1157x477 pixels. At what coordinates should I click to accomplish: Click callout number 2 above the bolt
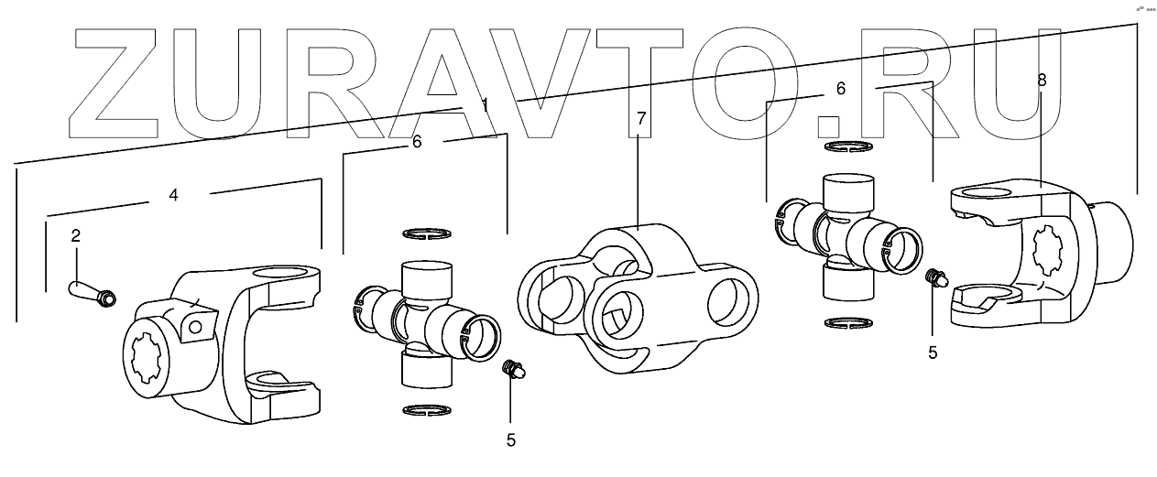tap(76, 235)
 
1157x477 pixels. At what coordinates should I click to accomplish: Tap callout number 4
tap(172, 194)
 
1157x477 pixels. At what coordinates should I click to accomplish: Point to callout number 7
tap(641, 119)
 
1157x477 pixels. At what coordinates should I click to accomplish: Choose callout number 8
tap(1042, 80)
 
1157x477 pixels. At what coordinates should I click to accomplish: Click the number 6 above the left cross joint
tap(417, 142)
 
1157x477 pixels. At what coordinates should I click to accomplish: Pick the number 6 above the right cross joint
tap(841, 89)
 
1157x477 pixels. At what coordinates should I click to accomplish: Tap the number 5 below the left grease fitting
tap(511, 439)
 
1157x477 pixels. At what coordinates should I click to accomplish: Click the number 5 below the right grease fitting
tap(933, 352)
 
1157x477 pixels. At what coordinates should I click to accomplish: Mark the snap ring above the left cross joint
tap(426, 233)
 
